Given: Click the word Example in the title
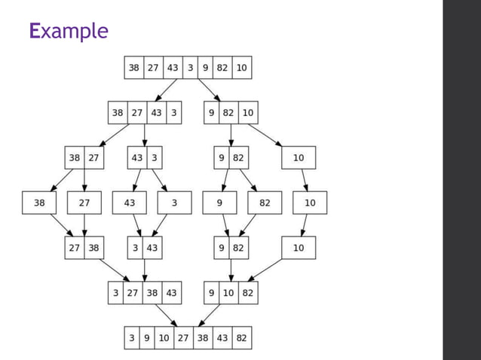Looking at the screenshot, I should (x=69, y=31).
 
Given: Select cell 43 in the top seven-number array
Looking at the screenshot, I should (x=173, y=68).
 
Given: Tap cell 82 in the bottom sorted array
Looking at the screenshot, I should (x=241, y=338).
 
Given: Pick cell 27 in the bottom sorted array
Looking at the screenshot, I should (x=183, y=338).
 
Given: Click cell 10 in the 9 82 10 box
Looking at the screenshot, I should (x=247, y=113).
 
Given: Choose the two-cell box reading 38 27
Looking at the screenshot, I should (x=84, y=158).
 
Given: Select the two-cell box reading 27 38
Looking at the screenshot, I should (x=84, y=248).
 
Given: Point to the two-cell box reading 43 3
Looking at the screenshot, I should (x=144, y=158).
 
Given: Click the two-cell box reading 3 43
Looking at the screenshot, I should (x=144, y=248).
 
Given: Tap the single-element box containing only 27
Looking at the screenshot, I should (x=84, y=203).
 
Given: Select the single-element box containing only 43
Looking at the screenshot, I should (x=129, y=203).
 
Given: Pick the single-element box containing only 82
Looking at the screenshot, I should (x=265, y=203).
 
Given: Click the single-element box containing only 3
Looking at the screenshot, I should (x=174, y=203).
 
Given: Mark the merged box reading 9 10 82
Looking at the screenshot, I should (x=230, y=293).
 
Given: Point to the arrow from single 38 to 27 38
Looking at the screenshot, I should (x=61, y=225).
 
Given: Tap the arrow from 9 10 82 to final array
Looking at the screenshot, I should (x=213, y=316).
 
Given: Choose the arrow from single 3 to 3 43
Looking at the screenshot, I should (x=161, y=225).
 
